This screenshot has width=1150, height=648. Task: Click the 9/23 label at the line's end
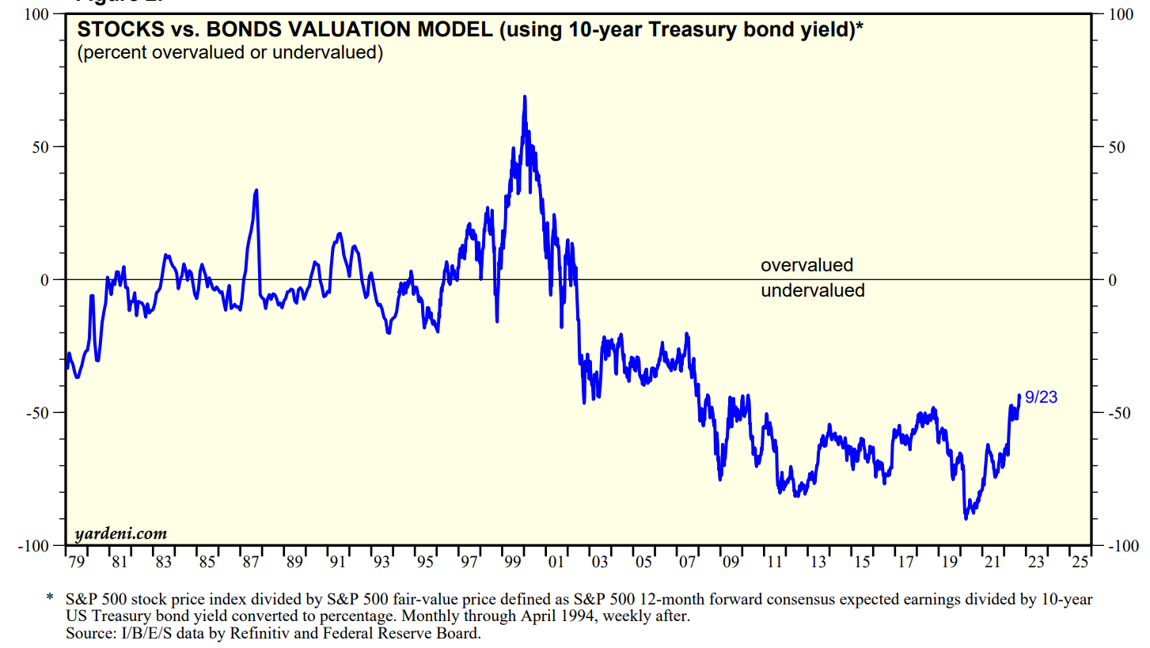coord(1041,398)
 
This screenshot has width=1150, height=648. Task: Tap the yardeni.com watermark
coord(120,533)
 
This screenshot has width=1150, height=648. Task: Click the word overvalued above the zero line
coord(807,266)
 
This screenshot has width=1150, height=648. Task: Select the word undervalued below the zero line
coord(812,290)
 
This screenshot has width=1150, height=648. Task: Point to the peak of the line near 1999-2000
coord(524,97)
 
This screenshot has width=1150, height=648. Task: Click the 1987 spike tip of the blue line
coord(256,190)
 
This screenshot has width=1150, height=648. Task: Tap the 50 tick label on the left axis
coord(42,147)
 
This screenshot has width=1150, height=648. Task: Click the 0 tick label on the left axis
coord(46,280)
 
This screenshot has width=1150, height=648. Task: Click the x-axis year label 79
coord(76,563)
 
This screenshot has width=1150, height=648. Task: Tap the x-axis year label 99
coord(513,563)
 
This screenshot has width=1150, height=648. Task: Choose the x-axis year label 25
coord(1080,563)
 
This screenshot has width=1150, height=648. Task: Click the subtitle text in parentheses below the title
coord(230,54)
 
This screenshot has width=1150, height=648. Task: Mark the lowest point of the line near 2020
coord(966,519)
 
